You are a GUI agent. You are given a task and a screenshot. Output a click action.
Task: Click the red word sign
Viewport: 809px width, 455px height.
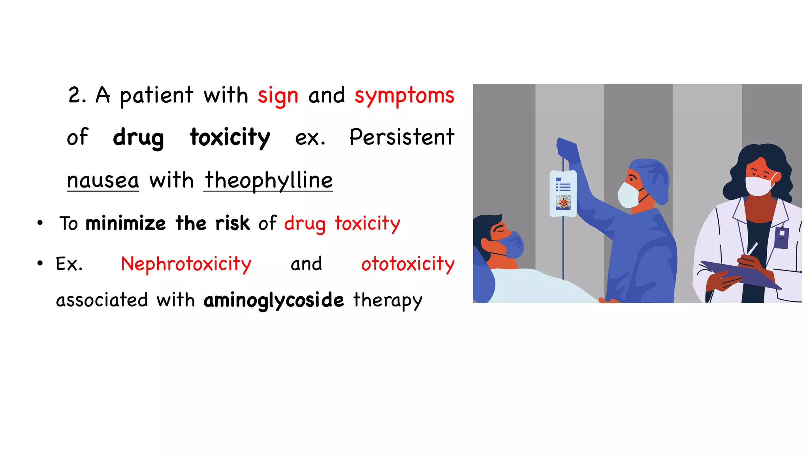(278, 96)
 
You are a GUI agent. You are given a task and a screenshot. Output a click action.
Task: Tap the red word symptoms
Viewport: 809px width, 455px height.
(404, 96)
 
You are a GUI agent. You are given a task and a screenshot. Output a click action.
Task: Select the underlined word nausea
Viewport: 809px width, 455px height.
(103, 180)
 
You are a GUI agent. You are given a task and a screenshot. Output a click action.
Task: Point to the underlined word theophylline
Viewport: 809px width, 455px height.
(269, 180)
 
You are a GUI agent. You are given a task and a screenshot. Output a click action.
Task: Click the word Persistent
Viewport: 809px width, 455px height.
(402, 137)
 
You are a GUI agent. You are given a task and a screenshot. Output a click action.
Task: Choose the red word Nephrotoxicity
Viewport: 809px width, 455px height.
(186, 264)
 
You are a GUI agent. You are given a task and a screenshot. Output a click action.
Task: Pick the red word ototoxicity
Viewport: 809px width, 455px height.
(408, 264)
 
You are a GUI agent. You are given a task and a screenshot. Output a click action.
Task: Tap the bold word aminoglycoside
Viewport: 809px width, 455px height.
(274, 300)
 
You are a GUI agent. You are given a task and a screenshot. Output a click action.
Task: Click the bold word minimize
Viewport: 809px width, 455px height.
(126, 224)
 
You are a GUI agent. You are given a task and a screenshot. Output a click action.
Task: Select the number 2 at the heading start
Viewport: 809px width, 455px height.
(75, 95)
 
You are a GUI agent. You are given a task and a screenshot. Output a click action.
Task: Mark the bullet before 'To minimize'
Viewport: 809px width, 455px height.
(40, 223)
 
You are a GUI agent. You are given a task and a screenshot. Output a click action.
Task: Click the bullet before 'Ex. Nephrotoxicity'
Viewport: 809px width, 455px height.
(40, 263)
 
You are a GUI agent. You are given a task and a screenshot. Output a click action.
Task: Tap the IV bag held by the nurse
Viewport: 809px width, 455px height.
(563, 194)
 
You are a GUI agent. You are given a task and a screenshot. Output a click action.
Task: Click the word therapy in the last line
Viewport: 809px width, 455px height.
(387, 300)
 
